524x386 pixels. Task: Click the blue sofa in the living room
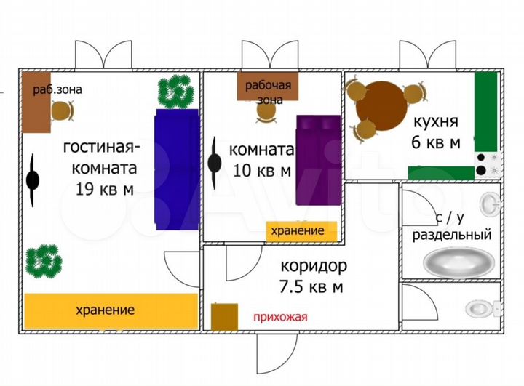pyautogui.click(x=176, y=169)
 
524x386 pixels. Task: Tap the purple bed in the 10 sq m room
pyautogui.click(x=318, y=160)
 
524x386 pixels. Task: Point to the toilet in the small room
pyautogui.click(x=480, y=307)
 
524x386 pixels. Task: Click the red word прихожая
pyautogui.click(x=280, y=316)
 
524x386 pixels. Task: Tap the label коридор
pyautogui.click(x=311, y=266)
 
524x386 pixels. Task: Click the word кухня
pyautogui.click(x=435, y=121)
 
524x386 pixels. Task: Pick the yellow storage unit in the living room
pyautogui.click(x=111, y=310)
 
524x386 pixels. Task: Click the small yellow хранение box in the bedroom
pyautogui.click(x=301, y=230)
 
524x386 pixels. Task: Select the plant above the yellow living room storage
pyautogui.click(x=44, y=259)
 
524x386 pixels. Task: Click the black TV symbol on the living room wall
pyautogui.click(x=33, y=180)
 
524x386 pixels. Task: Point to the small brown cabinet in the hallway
pyautogui.click(x=224, y=317)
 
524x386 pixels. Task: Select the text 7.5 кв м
pyautogui.click(x=311, y=287)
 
